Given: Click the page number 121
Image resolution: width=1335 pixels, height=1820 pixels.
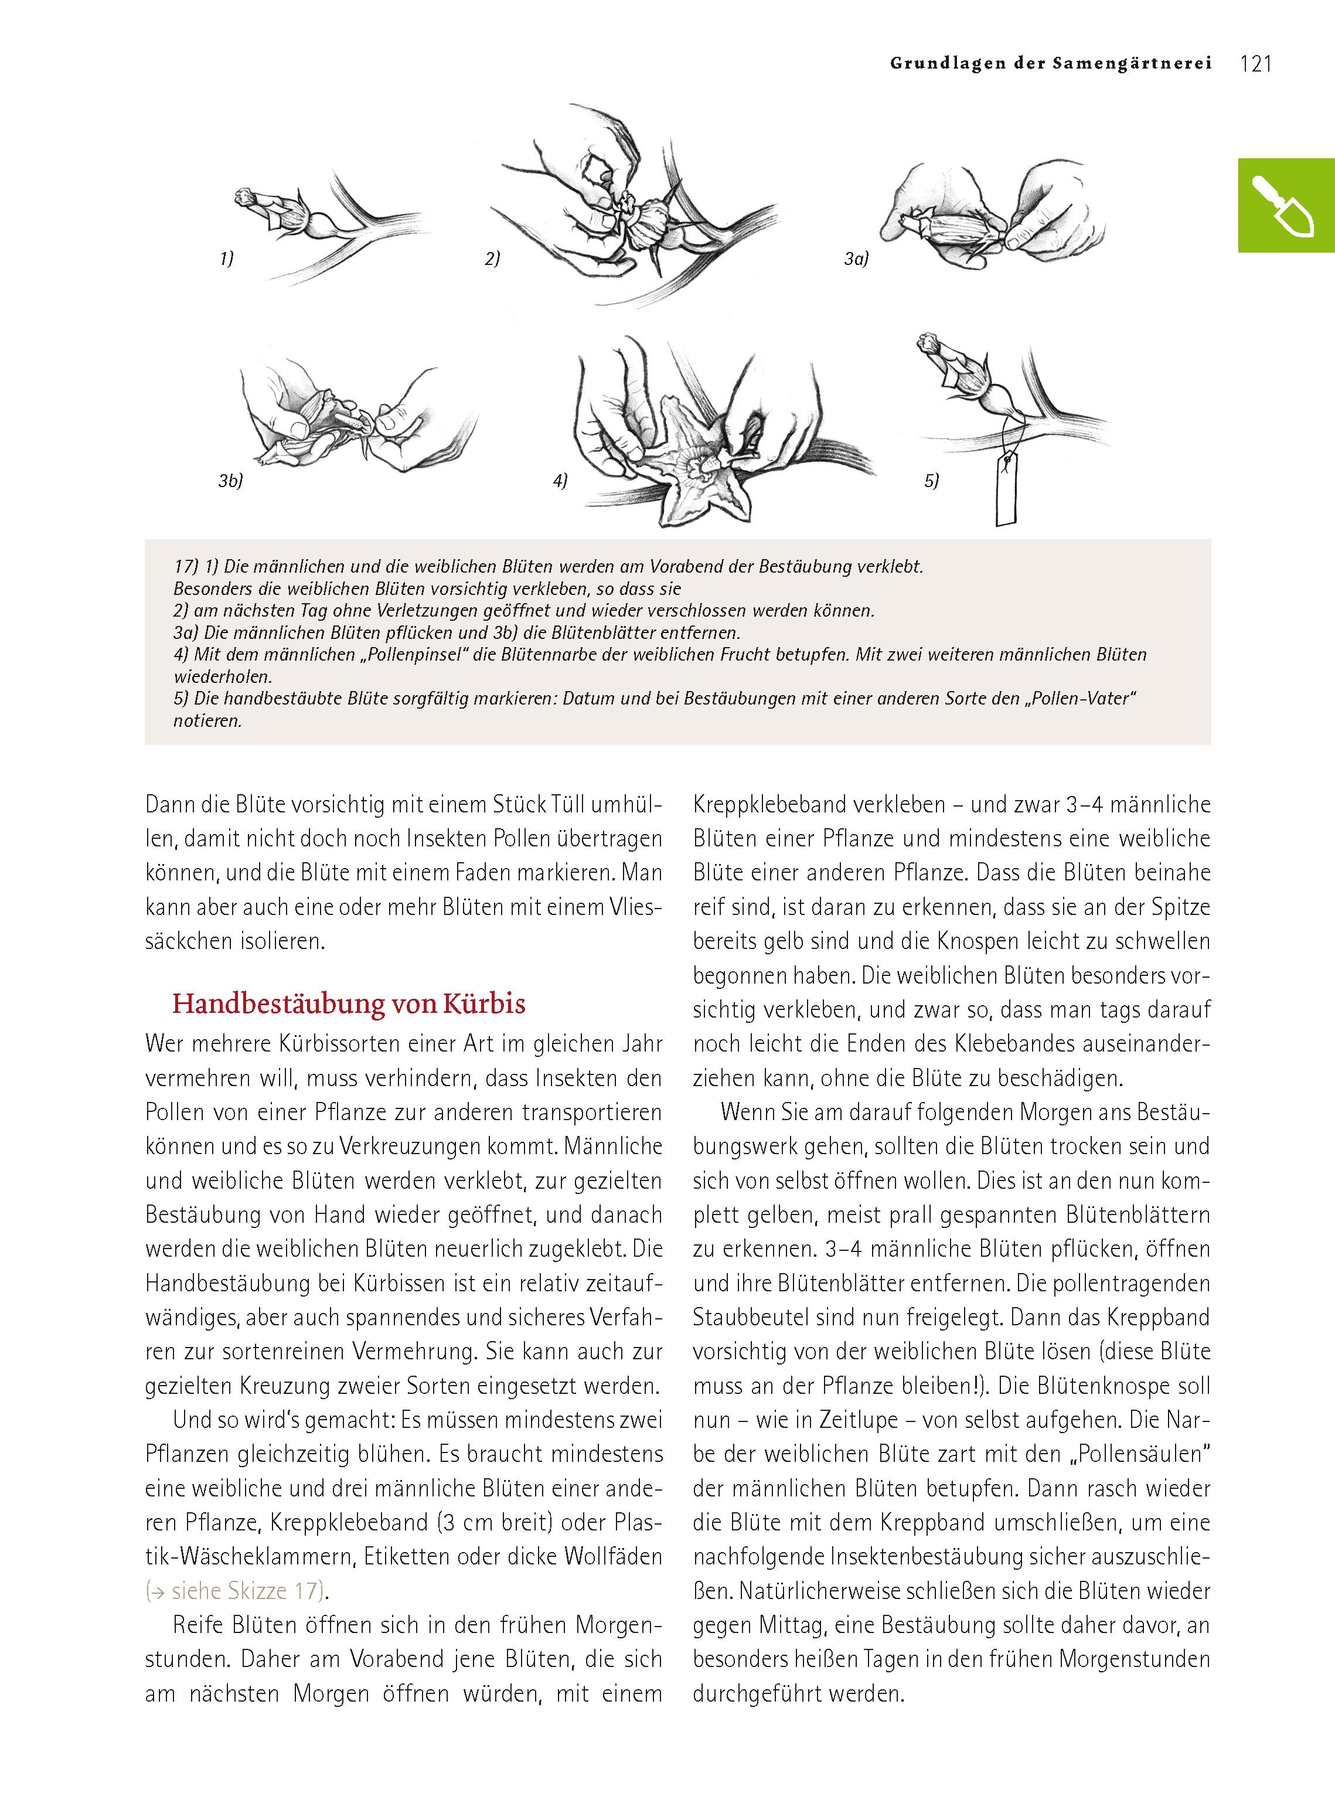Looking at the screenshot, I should [1255, 64].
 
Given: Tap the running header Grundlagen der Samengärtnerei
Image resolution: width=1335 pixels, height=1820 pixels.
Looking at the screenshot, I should [1051, 64].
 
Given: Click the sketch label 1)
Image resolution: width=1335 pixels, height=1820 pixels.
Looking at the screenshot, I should [227, 260].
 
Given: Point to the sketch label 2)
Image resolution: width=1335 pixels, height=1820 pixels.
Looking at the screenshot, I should [492, 260].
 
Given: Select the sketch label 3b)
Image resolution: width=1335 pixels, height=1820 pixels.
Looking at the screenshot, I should [231, 482].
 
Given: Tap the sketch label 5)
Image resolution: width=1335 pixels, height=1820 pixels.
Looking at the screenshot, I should [932, 482].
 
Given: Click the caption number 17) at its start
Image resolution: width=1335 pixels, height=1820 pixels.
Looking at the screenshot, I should [186, 567].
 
